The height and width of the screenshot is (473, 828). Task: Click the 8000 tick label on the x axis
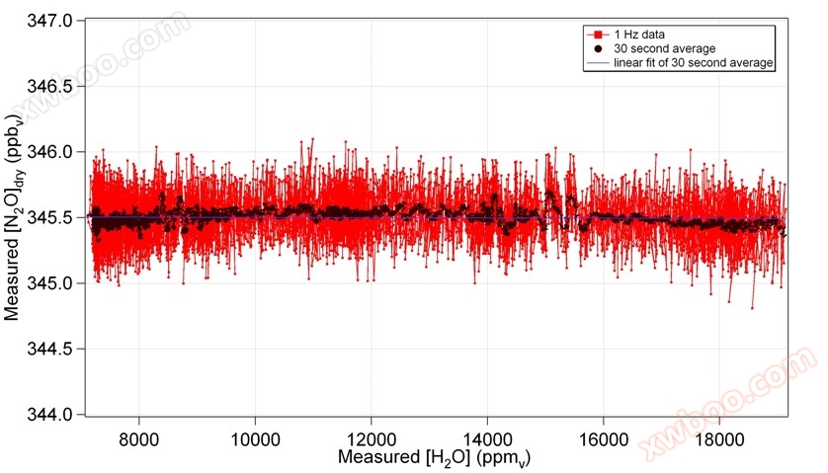(139, 435)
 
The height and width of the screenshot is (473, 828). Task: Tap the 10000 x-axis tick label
(255, 435)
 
